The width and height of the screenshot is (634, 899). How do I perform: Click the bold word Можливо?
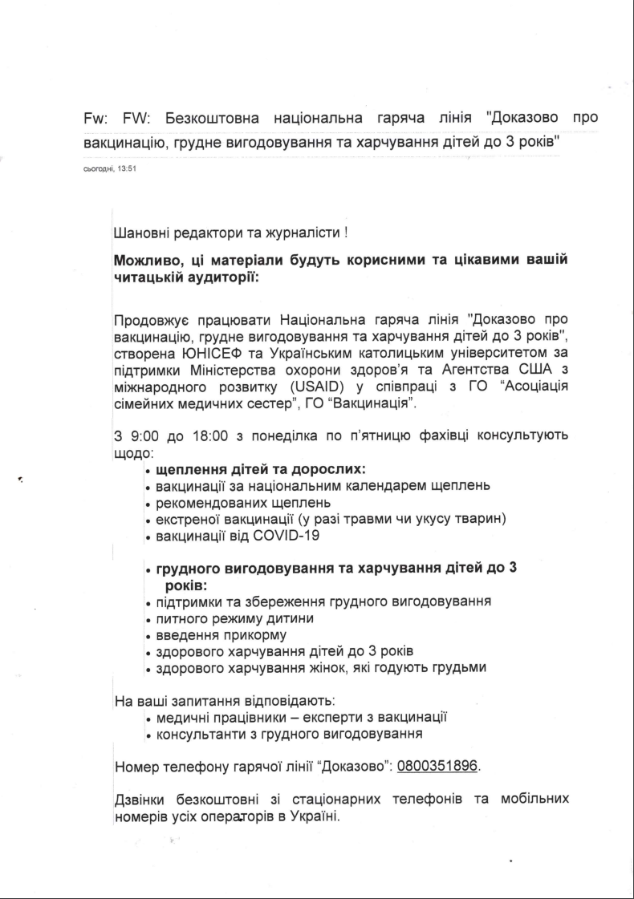coord(145,262)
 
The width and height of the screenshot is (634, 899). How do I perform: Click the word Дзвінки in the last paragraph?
coord(143,800)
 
